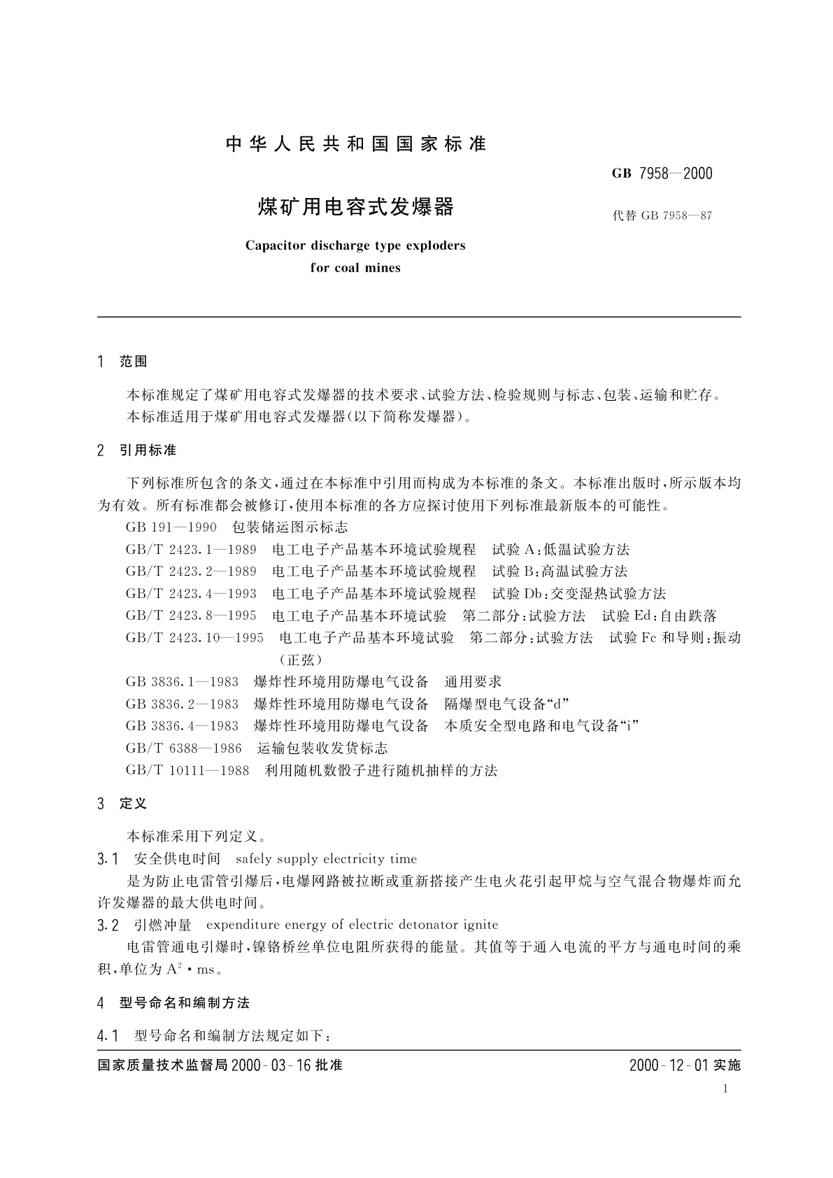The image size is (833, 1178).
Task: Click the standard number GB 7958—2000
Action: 662,173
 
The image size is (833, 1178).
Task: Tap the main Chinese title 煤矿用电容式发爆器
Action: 356,207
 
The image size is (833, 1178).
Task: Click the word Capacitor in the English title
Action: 275,246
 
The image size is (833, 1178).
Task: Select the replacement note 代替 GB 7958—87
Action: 662,215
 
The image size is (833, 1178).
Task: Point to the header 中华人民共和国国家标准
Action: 356,145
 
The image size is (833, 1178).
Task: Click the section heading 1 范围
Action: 123,362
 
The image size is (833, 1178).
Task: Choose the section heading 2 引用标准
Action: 137,450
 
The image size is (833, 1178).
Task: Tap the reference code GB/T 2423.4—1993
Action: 191,593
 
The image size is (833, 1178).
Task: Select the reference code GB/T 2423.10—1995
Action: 194,637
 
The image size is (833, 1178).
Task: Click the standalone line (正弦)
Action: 300,659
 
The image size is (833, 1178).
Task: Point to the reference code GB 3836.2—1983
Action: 182,704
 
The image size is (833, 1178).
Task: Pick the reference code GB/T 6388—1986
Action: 184,748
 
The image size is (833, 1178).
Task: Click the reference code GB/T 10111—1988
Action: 187,770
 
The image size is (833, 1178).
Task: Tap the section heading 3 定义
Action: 123,804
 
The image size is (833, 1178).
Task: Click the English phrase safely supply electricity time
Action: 326,858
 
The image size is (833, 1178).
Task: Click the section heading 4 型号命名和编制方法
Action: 173,1002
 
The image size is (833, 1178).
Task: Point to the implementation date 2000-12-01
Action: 669,1065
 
